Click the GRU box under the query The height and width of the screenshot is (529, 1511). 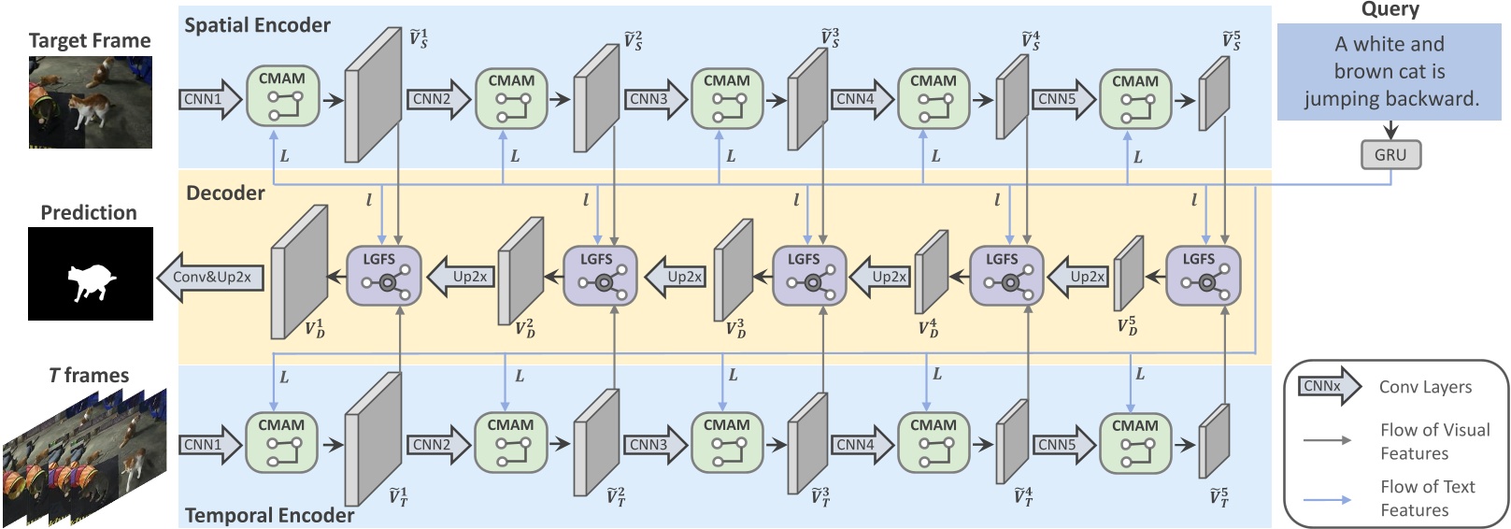tap(1390, 155)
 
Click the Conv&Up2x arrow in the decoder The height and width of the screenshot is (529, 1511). tap(209, 277)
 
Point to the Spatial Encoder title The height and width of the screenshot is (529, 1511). tap(257, 25)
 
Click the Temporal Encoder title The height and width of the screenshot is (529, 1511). tap(269, 515)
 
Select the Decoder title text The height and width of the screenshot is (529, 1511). tap(225, 193)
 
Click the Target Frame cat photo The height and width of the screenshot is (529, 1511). tap(90, 102)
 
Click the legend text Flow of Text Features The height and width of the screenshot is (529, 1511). tap(1427, 498)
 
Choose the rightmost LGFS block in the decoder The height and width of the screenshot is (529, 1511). tap(1204, 275)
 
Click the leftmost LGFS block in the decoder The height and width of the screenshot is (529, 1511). tap(384, 275)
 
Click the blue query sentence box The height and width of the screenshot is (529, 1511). tap(1389, 71)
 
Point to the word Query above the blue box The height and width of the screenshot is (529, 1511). tap(1390, 9)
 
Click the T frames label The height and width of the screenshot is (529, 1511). tap(89, 375)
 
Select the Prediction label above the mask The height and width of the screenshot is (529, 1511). tap(89, 212)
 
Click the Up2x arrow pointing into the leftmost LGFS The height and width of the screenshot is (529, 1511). tap(463, 277)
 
